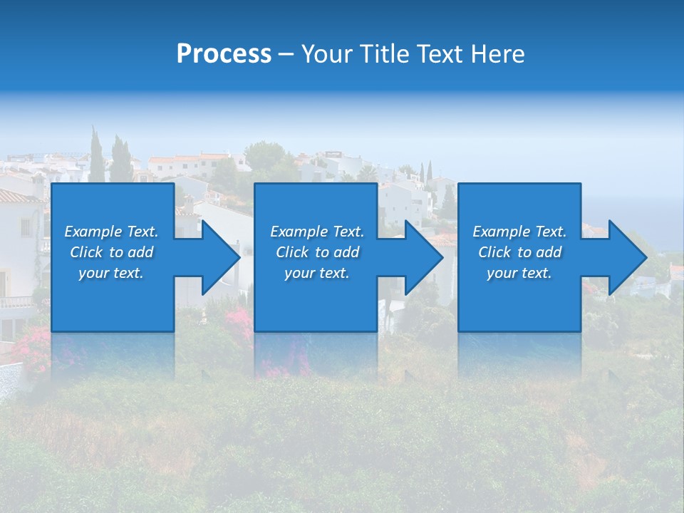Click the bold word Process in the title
pos(224,54)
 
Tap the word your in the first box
pos(93,274)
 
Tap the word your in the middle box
pos(299,274)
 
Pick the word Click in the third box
pos(495,252)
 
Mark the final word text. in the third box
pos(536,274)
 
